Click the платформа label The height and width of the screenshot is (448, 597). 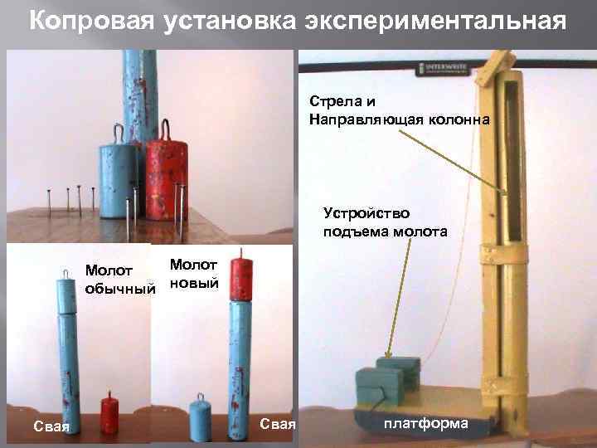(x=425, y=423)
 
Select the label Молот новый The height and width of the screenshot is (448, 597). (x=193, y=274)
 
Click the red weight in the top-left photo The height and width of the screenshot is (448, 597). (x=168, y=181)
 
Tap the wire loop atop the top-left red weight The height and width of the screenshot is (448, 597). (x=166, y=129)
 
